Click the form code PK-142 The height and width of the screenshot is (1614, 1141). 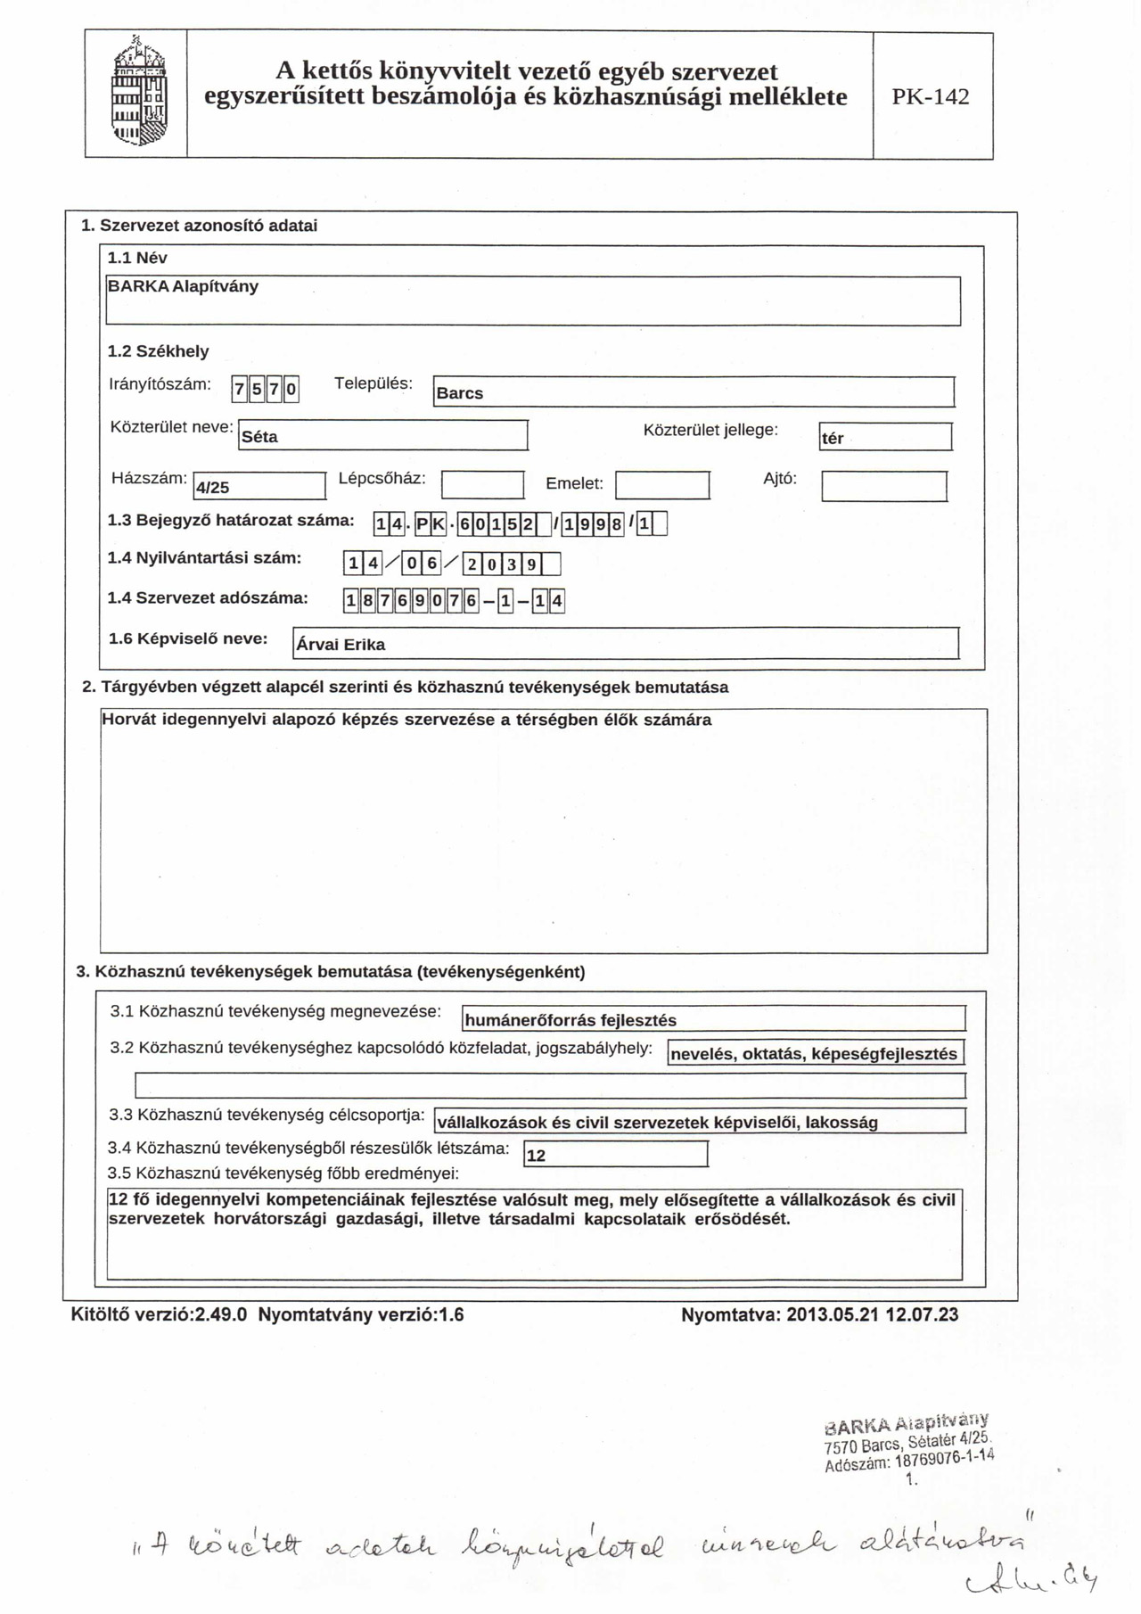pos(931,97)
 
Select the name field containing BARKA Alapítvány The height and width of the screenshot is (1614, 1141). pos(532,301)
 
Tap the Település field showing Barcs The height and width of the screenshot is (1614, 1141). pos(693,392)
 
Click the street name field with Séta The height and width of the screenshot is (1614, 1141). pos(383,436)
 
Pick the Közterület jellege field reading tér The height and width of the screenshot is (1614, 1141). pos(885,437)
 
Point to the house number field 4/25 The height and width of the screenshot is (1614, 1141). pos(259,487)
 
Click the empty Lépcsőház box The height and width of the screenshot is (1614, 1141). pos(482,485)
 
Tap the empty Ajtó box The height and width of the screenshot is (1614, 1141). pos(883,487)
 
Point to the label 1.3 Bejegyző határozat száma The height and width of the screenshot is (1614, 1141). pos(231,521)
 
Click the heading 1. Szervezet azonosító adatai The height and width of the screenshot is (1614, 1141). pos(199,226)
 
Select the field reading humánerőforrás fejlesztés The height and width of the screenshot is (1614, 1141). pos(713,1019)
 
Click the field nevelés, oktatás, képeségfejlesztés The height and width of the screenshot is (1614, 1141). pos(815,1053)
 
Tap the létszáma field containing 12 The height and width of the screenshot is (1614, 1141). pos(615,1155)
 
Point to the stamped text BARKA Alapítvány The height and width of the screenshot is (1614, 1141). pos(907,1421)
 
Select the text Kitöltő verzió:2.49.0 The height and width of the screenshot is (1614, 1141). pos(159,1314)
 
